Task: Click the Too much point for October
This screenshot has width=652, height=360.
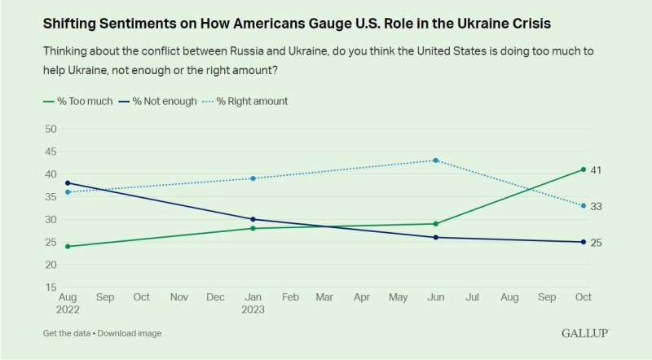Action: click(584, 169)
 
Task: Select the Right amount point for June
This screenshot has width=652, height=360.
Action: click(436, 160)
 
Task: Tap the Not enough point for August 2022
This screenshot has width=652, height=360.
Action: click(68, 183)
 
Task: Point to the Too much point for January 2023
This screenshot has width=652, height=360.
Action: click(253, 228)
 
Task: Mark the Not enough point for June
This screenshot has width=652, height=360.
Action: click(436, 237)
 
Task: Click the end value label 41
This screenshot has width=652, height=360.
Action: click(596, 170)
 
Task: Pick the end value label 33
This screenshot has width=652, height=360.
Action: click(596, 207)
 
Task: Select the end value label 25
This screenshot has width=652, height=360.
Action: click(596, 243)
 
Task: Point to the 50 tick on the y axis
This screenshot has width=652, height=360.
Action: click(51, 129)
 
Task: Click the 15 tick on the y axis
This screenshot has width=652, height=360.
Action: click(51, 288)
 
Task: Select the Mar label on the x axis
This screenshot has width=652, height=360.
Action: click(324, 297)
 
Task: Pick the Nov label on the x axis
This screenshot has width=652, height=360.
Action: click(178, 297)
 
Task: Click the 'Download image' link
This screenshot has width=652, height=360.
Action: click(130, 333)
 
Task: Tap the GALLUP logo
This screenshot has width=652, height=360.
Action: click(585, 333)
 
